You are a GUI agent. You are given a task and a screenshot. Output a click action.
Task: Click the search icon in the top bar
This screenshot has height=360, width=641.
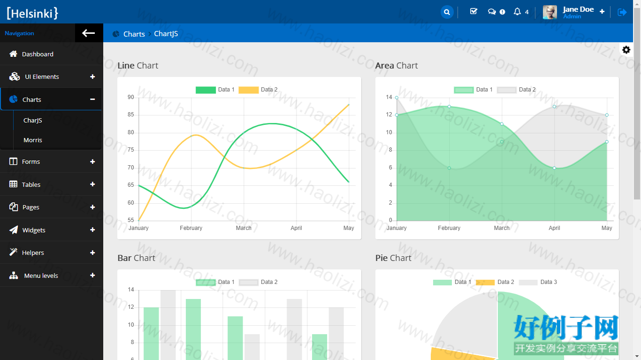pyautogui.click(x=447, y=12)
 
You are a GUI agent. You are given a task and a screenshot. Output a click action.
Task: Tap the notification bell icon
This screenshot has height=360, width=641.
pyautogui.click(x=517, y=12)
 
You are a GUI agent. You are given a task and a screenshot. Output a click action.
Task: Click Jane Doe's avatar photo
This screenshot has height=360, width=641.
pyautogui.click(x=549, y=12)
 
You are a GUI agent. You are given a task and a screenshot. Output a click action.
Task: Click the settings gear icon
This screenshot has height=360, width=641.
pyautogui.click(x=626, y=50)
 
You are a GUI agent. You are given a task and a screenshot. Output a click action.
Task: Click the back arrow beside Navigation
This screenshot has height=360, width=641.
pyautogui.click(x=88, y=33)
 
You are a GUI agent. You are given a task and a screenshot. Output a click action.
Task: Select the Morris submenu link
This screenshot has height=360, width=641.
pyautogui.click(x=33, y=140)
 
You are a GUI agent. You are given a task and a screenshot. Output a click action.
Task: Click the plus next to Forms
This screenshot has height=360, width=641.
pyautogui.click(x=92, y=161)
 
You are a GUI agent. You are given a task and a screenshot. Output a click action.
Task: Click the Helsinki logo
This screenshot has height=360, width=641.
pyautogui.click(x=32, y=13)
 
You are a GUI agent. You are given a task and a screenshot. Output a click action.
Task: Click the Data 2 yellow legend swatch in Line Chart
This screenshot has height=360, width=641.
pyautogui.click(x=248, y=90)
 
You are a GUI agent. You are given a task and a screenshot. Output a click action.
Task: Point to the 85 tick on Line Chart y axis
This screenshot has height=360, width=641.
pyautogui.click(x=131, y=115)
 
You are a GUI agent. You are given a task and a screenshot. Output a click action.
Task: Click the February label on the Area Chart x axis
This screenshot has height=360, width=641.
pyautogui.click(x=449, y=228)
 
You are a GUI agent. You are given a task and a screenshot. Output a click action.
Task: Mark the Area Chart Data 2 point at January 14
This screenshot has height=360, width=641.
pyautogui.click(x=397, y=98)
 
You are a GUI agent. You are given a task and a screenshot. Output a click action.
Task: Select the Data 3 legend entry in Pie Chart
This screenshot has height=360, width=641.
pyautogui.click(x=538, y=282)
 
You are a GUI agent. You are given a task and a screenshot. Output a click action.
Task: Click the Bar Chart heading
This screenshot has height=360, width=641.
pyautogui.click(x=136, y=258)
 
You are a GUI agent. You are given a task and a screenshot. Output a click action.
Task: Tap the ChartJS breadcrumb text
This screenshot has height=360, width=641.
pyautogui.click(x=166, y=34)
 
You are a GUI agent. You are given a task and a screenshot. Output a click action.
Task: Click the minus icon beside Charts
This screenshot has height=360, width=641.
pyautogui.click(x=92, y=100)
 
